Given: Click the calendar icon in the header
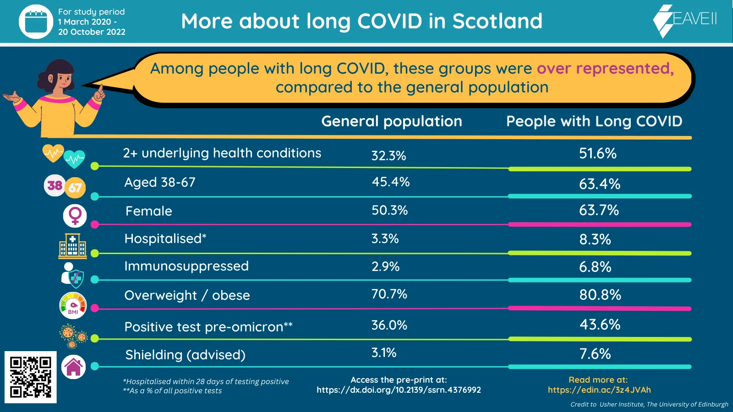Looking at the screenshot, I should [x=36, y=22].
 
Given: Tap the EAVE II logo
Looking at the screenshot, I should [x=685, y=20].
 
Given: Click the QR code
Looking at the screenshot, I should [x=31, y=377].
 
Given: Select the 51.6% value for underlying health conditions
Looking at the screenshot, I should [x=597, y=153].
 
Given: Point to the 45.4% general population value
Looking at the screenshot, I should [x=390, y=182].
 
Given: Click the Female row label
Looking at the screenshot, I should [x=149, y=211].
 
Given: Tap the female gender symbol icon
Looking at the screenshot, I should [x=75, y=215].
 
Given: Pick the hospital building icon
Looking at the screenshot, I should [x=72, y=245].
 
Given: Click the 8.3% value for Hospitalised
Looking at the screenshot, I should [x=595, y=239].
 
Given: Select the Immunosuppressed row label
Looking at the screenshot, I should [x=186, y=266].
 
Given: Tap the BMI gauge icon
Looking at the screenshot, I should [x=73, y=305].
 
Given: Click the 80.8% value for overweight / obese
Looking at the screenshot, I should [x=600, y=295].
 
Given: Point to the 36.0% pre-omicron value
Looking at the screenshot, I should [x=389, y=325].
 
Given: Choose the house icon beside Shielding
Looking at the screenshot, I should [x=74, y=367].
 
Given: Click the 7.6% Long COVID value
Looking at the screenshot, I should [x=595, y=354].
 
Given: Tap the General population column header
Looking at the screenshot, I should [x=392, y=121].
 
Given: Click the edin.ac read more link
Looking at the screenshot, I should [x=599, y=390].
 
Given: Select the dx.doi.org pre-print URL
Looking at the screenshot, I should [x=399, y=390].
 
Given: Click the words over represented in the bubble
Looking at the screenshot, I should [x=605, y=69].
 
